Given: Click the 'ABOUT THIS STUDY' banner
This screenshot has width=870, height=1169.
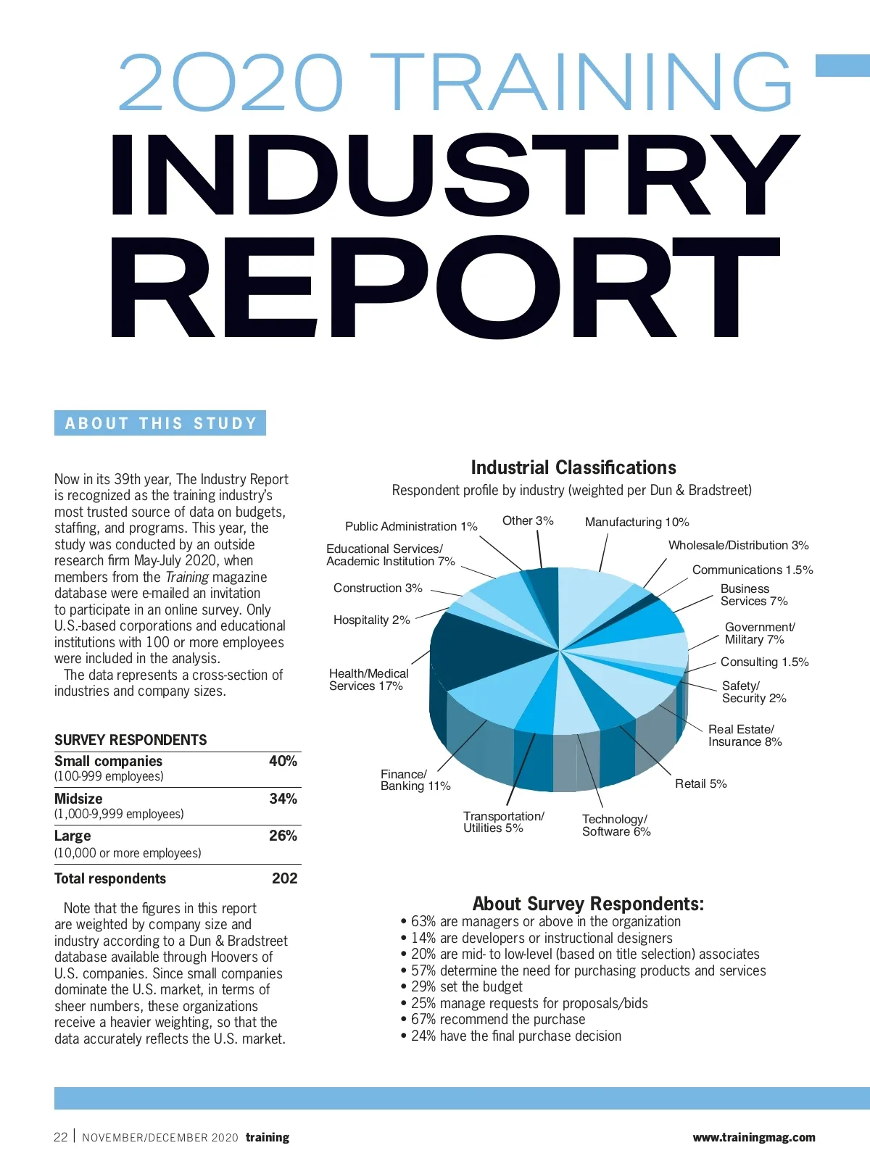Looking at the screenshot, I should [160, 423].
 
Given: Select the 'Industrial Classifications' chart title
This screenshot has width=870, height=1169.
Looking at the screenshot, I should [573, 467].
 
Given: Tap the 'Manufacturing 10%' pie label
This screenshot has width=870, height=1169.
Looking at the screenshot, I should [637, 522].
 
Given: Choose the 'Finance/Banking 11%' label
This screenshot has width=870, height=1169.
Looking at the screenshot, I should [415, 780].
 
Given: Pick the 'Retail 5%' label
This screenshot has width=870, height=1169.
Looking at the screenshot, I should [700, 783].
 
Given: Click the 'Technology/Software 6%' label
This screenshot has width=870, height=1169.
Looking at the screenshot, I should [616, 825].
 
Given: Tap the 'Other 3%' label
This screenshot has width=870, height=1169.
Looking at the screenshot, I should [528, 520].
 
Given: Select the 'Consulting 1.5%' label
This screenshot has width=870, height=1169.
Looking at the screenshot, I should [764, 662].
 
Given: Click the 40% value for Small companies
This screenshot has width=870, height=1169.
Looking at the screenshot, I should [283, 761].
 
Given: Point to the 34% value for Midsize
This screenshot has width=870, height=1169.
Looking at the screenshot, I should [283, 799].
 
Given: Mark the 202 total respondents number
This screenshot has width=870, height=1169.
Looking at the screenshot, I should [284, 878].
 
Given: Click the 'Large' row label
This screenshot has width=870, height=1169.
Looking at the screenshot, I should [72, 836].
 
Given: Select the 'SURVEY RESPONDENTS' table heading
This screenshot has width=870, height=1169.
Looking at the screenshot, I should [130, 740].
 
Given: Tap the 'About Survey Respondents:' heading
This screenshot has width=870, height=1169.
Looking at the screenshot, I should [588, 904].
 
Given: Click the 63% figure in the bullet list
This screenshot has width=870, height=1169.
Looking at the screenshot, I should [423, 921].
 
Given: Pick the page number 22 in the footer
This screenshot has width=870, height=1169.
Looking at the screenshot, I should [60, 1137].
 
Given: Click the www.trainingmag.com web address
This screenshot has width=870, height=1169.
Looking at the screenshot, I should [753, 1137].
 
